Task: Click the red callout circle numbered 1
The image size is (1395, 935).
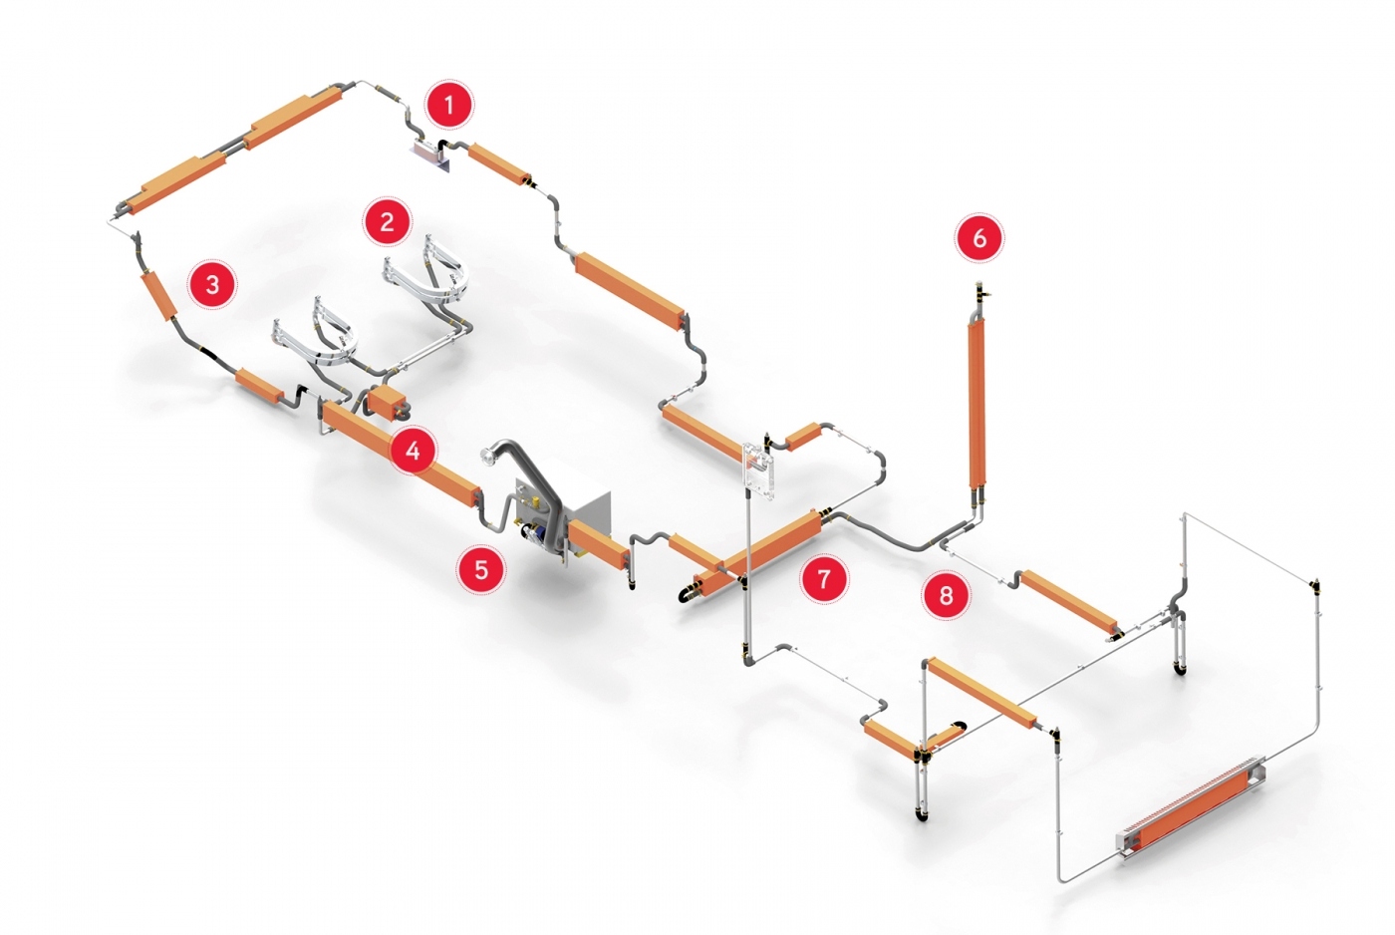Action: coord(449,105)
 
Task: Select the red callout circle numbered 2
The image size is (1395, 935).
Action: coord(387,221)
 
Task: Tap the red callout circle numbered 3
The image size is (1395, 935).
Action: coord(212,285)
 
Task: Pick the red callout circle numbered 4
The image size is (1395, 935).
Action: coord(413,451)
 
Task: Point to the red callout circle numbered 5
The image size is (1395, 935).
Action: coord(481,569)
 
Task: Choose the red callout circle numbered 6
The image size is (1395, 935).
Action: coord(979,237)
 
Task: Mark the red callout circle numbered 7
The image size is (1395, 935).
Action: coord(824,579)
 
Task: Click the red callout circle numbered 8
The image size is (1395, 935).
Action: coord(946,595)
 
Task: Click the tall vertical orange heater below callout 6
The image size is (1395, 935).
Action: coord(977,405)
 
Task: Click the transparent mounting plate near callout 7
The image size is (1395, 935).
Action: coord(758,470)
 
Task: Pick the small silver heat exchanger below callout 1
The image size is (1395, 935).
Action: coord(429,152)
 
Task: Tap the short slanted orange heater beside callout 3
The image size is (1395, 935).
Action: coord(158,296)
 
